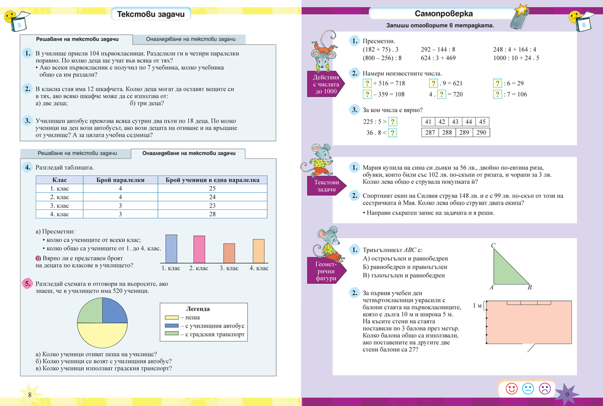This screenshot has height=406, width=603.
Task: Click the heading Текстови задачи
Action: click(150, 15)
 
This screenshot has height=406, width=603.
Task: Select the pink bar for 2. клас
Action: click(199, 249)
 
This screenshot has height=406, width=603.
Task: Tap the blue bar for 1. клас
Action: click(171, 248)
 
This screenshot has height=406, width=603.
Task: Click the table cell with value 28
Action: click(213, 214)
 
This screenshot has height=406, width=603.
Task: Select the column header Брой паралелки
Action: click(121, 180)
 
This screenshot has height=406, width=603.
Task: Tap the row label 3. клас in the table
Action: click(60, 206)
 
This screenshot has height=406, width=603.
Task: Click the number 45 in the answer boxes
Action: click(482, 122)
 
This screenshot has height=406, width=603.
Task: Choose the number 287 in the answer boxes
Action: click(430, 132)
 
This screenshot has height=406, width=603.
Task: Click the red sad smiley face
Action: click(544, 388)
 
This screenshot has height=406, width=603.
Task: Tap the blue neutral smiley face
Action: click(528, 388)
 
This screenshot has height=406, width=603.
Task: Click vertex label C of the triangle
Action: click(493, 246)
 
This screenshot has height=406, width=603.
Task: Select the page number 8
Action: click(30, 394)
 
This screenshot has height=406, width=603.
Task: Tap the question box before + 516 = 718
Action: click(367, 83)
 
